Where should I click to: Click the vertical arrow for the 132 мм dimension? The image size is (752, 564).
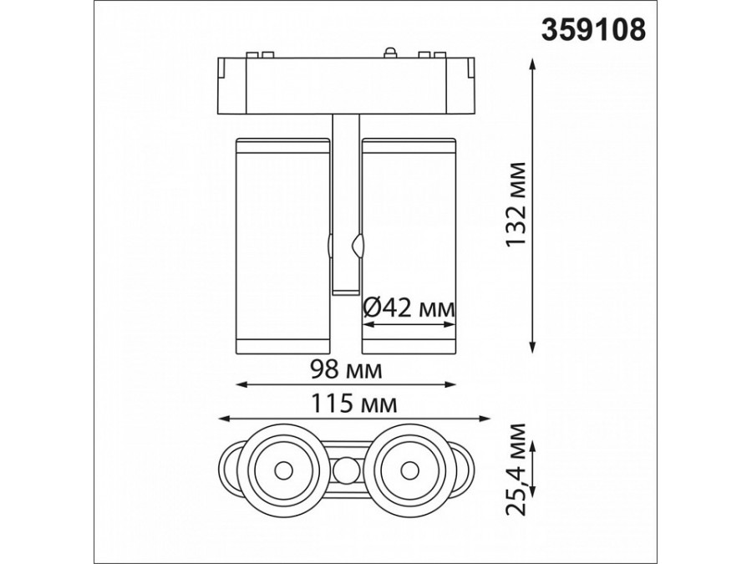click(535, 206)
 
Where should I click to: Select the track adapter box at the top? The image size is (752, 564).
click(345, 84)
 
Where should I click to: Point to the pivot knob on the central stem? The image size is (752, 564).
click(358, 246)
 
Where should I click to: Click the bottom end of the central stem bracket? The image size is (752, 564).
click(345, 289)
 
